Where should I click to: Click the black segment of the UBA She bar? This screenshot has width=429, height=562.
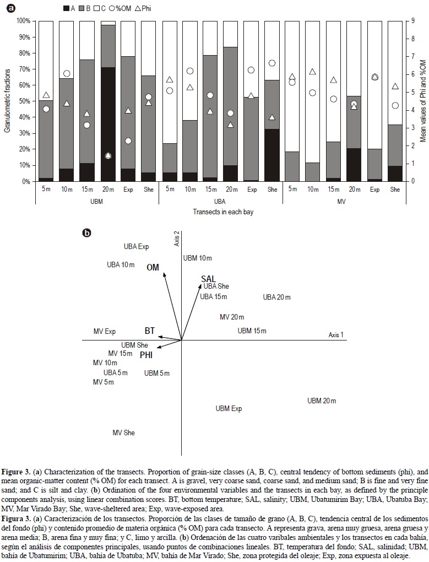coord(271,155)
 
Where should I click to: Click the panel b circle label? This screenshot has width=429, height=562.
coord(86,234)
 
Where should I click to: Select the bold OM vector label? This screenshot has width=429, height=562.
coord(153,267)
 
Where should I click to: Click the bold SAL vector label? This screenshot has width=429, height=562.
coord(208,279)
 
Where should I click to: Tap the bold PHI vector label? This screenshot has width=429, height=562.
coord(146,355)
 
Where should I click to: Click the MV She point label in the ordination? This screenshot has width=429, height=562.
coord(123,433)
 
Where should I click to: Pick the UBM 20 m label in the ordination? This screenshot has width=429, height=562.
coord(322,401)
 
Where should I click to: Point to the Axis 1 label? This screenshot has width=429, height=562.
coord(336,335)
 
